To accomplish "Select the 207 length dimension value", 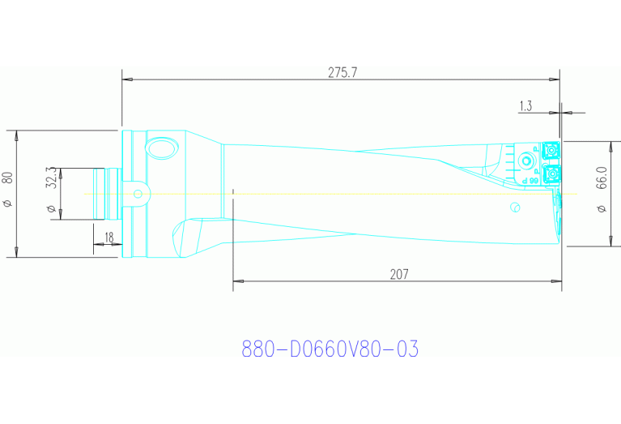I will click(398, 274).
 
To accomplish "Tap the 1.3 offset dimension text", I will click(525, 105).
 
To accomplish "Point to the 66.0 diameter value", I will click(601, 178).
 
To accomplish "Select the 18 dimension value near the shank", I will click(108, 236).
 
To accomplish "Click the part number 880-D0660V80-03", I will click(330, 349).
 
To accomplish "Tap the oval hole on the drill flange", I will click(160, 149).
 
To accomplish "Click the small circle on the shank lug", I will click(138, 194).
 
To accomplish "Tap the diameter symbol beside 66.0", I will click(601, 210).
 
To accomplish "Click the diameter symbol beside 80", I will click(8, 203).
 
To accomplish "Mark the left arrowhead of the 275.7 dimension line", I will click(126, 79).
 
